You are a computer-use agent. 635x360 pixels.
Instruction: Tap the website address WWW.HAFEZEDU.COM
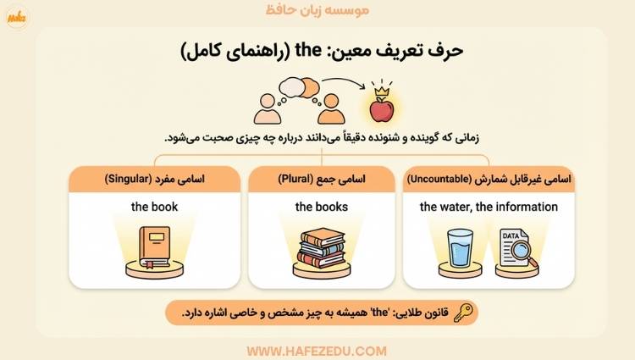tap(317, 349)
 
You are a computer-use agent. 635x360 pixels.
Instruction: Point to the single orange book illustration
tap(156, 246)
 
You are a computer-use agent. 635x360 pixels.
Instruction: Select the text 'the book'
tap(154, 207)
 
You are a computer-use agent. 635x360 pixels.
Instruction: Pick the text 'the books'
tap(321, 207)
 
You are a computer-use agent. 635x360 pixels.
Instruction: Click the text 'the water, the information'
tap(489, 207)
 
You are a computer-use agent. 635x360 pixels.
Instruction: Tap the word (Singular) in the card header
tap(131, 179)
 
